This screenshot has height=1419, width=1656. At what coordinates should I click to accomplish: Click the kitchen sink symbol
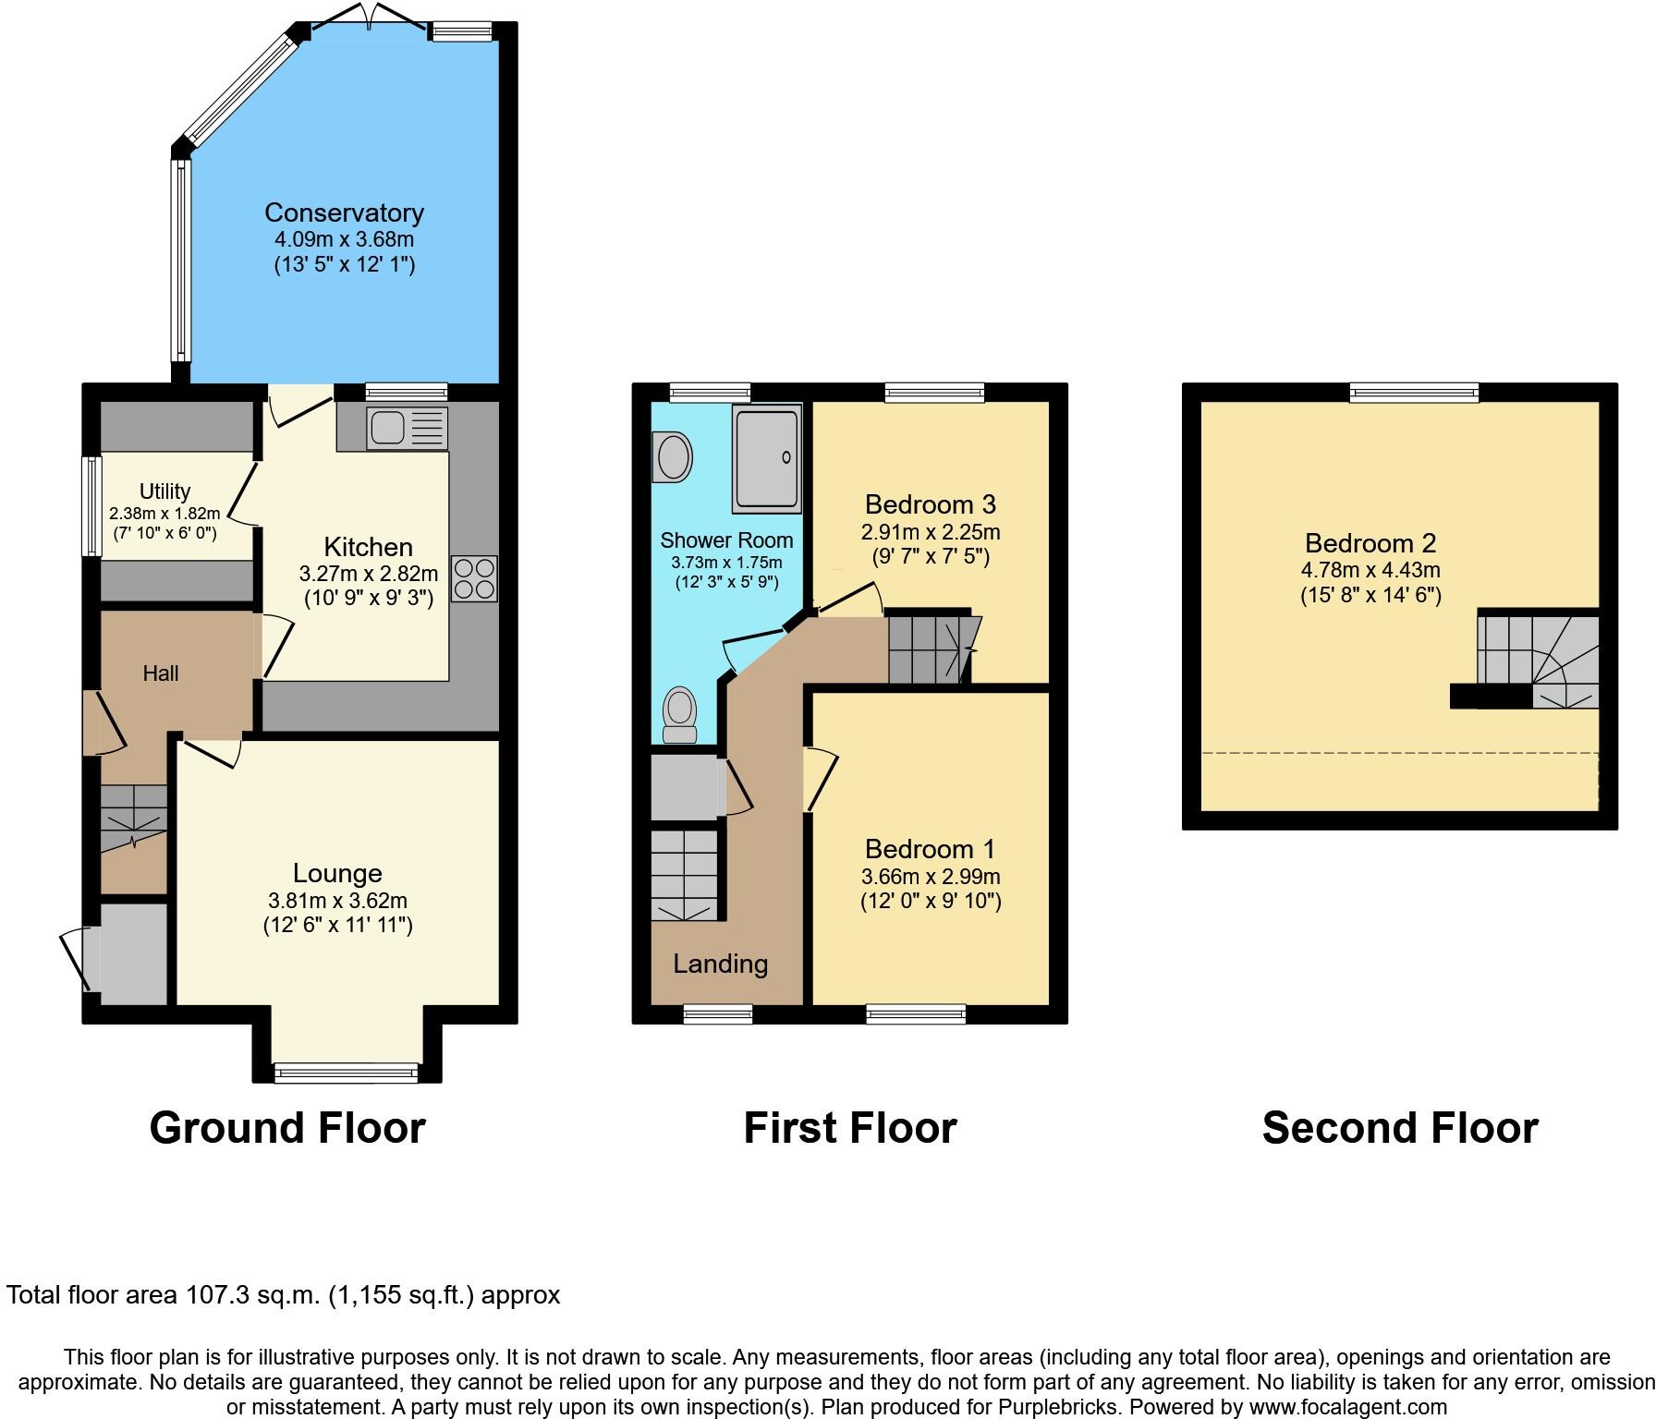click(407, 429)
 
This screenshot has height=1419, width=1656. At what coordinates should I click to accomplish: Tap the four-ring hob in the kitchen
click(474, 579)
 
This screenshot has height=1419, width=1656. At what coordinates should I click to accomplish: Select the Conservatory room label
click(344, 212)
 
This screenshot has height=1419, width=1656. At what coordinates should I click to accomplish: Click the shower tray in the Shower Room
click(766, 457)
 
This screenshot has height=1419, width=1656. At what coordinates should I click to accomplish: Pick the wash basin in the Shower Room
click(672, 457)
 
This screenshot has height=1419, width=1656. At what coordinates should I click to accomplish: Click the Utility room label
click(164, 491)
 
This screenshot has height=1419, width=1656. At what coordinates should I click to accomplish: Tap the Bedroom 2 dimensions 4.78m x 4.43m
click(1370, 571)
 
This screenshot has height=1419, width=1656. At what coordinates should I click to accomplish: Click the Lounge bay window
click(347, 1073)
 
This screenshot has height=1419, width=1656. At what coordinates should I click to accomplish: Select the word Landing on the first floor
click(720, 964)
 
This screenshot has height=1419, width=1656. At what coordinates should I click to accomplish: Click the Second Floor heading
click(1399, 1128)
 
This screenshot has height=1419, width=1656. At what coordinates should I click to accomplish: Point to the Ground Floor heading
click(287, 1128)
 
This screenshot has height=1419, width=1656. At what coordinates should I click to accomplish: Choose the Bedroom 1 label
click(931, 849)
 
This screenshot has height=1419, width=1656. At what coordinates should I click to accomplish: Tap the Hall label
click(161, 673)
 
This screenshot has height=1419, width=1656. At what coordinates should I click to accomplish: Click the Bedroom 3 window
click(934, 394)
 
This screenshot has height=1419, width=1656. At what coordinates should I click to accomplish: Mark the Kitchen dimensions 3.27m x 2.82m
click(369, 573)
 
